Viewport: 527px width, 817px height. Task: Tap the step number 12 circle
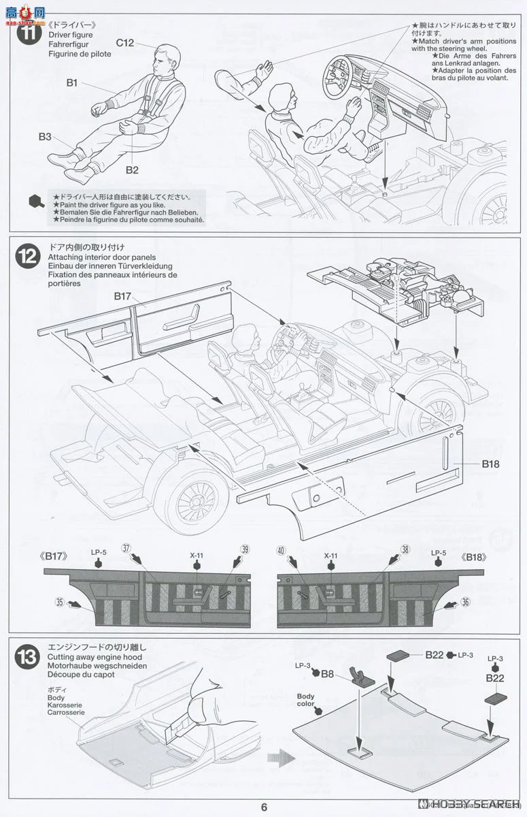point(28,256)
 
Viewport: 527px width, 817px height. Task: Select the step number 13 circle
point(28,658)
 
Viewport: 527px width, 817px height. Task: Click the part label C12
point(124,42)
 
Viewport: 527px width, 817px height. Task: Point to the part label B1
point(72,83)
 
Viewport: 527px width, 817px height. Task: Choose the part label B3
point(45,136)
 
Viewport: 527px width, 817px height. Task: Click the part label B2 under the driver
point(131,170)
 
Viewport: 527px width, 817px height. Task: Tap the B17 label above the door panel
point(122,296)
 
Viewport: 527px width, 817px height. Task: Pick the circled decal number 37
point(126,548)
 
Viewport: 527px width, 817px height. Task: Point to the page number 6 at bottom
point(264,807)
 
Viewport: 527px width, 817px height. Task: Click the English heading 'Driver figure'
point(70,35)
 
